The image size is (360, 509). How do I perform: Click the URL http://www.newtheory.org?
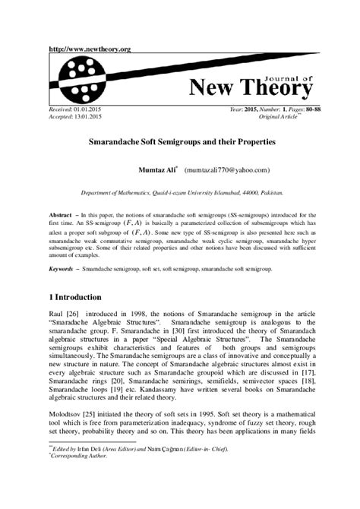pos(79,49)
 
